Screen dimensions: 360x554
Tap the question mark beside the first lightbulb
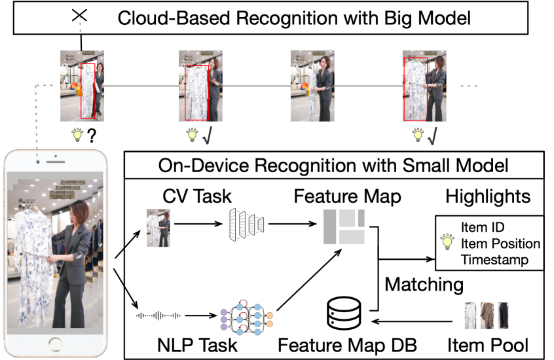pos(94,136)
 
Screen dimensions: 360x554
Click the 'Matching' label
pos(424,284)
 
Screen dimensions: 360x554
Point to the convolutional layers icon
pos(248,225)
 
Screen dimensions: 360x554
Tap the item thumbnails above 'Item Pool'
pos(487,315)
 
